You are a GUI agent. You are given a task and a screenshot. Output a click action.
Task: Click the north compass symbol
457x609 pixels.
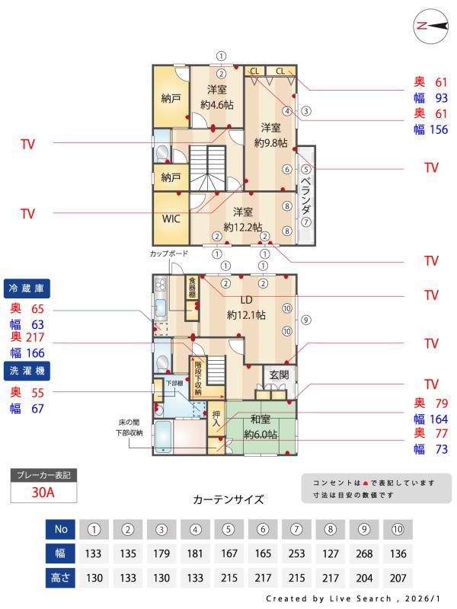(430, 25)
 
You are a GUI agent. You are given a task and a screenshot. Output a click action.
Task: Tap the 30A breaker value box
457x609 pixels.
(43, 492)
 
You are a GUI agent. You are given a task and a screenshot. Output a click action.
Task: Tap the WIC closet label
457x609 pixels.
(171, 217)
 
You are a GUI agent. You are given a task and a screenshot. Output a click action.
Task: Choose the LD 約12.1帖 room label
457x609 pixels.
(245, 307)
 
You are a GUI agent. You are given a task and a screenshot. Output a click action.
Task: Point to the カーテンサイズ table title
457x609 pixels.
(228, 500)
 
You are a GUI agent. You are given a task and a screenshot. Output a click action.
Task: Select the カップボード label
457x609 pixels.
(168, 252)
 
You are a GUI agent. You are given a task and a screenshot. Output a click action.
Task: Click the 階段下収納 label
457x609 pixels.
(198, 376)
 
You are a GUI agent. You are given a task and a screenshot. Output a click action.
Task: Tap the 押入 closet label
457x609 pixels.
(216, 418)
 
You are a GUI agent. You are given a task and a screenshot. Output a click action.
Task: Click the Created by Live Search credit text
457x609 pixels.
(353, 599)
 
